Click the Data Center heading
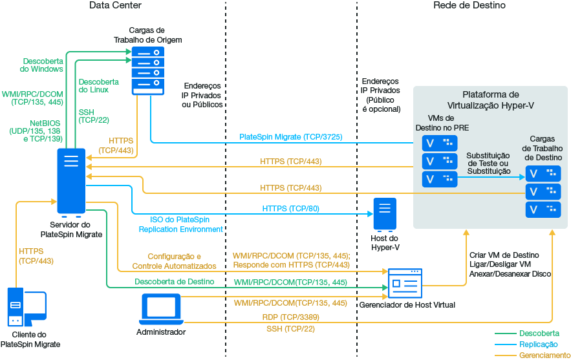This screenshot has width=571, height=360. [x=115, y=6]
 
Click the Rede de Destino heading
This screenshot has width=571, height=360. [x=469, y=6]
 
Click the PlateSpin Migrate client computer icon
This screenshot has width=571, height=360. [x=27, y=308]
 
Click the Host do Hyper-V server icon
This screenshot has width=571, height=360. [x=385, y=214]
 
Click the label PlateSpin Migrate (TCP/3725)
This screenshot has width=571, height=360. [x=290, y=138]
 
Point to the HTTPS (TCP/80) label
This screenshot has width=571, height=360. [x=290, y=209]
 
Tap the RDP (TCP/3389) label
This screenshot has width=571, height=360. [x=290, y=318]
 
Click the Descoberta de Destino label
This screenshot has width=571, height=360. [x=174, y=282]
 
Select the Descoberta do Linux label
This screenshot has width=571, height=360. [x=98, y=86]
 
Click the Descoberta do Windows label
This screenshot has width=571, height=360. [x=42, y=65]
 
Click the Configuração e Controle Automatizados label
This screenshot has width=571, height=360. [x=174, y=261]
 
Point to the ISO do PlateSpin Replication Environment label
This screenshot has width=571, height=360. [x=180, y=224]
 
